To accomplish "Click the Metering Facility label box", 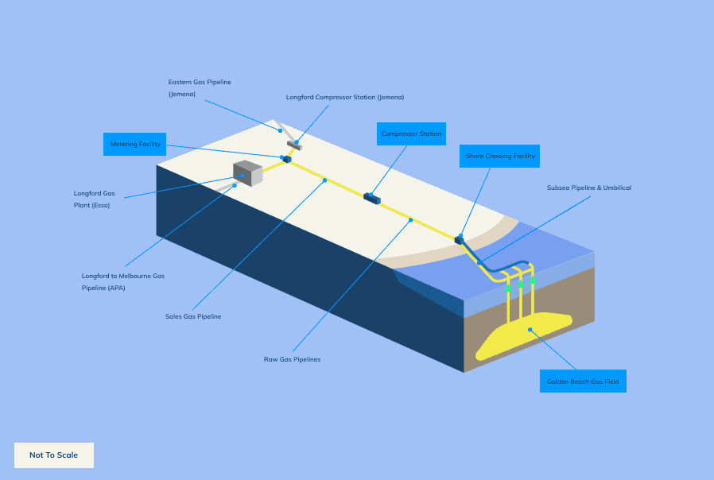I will [x=134, y=144].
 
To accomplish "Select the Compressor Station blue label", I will [x=410, y=134].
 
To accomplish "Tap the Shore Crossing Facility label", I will [x=499, y=156].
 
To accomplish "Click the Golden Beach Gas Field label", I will [x=582, y=381].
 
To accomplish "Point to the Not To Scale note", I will [x=54, y=455].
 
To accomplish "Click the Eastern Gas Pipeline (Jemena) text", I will [x=199, y=87].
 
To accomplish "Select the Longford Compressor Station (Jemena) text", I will [x=344, y=97].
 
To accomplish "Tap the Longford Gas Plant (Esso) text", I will [x=94, y=199].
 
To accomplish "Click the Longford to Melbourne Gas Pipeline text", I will [x=122, y=281].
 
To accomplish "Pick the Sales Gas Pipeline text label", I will [x=192, y=316].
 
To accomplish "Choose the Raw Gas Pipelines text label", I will [x=292, y=359].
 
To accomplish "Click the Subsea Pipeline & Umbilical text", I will [x=588, y=188].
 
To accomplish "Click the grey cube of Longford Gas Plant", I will [x=247, y=172].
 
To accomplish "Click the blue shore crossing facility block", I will [x=459, y=238].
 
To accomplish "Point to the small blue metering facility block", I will [x=287, y=159].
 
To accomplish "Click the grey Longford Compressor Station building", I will [x=296, y=145].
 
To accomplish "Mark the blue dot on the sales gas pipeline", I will [x=324, y=180].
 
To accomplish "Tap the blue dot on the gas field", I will [x=530, y=329].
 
